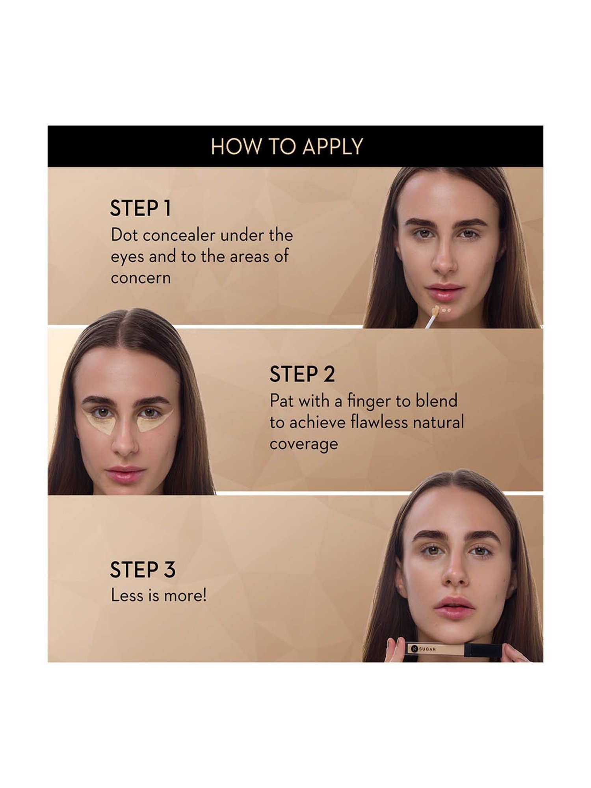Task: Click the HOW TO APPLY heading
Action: [287, 147]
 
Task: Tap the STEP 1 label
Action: [141, 208]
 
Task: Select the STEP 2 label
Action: [302, 374]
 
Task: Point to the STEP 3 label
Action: [142, 570]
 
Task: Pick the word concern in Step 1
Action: [141, 278]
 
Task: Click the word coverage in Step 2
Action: [304, 444]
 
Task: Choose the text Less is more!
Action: [158, 595]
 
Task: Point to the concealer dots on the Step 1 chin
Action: [446, 310]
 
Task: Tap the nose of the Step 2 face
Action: [125, 445]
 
